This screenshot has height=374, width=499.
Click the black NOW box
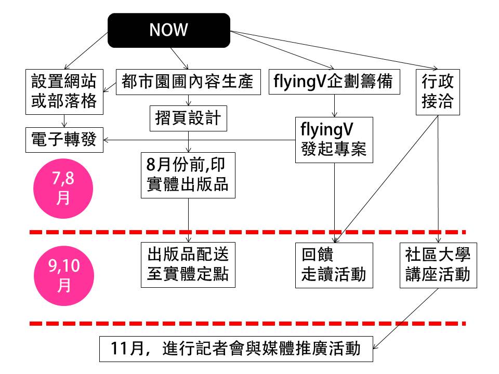(169, 30)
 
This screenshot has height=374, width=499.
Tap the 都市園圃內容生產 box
(187, 82)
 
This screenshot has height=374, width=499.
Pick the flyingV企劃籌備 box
(334, 82)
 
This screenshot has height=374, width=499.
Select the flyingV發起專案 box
(334, 139)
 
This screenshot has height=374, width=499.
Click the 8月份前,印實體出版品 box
(188, 175)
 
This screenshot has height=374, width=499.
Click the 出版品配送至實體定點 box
(188, 264)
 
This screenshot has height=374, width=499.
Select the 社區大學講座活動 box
(438, 264)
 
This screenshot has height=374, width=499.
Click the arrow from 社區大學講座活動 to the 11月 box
(405, 318)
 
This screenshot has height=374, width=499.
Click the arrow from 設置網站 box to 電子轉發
(64, 121)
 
